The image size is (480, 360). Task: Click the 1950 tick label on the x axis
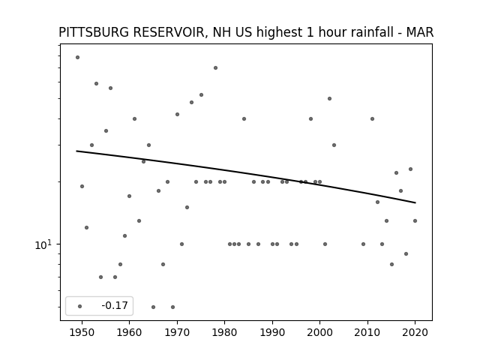coord(82,332)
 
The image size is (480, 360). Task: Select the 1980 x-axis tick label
coord(225,332)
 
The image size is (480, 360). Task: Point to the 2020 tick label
coord(415,332)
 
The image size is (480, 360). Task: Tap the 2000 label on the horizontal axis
coord(320,332)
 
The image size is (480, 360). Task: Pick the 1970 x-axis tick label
coord(177,332)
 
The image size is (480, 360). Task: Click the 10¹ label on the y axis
coord(43,245)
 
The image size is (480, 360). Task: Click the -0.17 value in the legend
coord(115,305)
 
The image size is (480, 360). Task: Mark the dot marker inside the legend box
coord(80,306)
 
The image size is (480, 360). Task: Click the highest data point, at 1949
coord(77,57)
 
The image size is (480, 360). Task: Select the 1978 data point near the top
coord(215,67)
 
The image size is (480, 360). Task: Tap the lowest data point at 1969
coord(172,307)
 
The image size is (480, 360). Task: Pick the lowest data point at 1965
coord(153,307)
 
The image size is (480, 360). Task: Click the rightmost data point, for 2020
coord(415,220)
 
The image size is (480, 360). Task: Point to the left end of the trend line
coord(76,151)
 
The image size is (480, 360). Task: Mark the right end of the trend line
coord(415,202)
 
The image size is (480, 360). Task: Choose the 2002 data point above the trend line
coord(329,98)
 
